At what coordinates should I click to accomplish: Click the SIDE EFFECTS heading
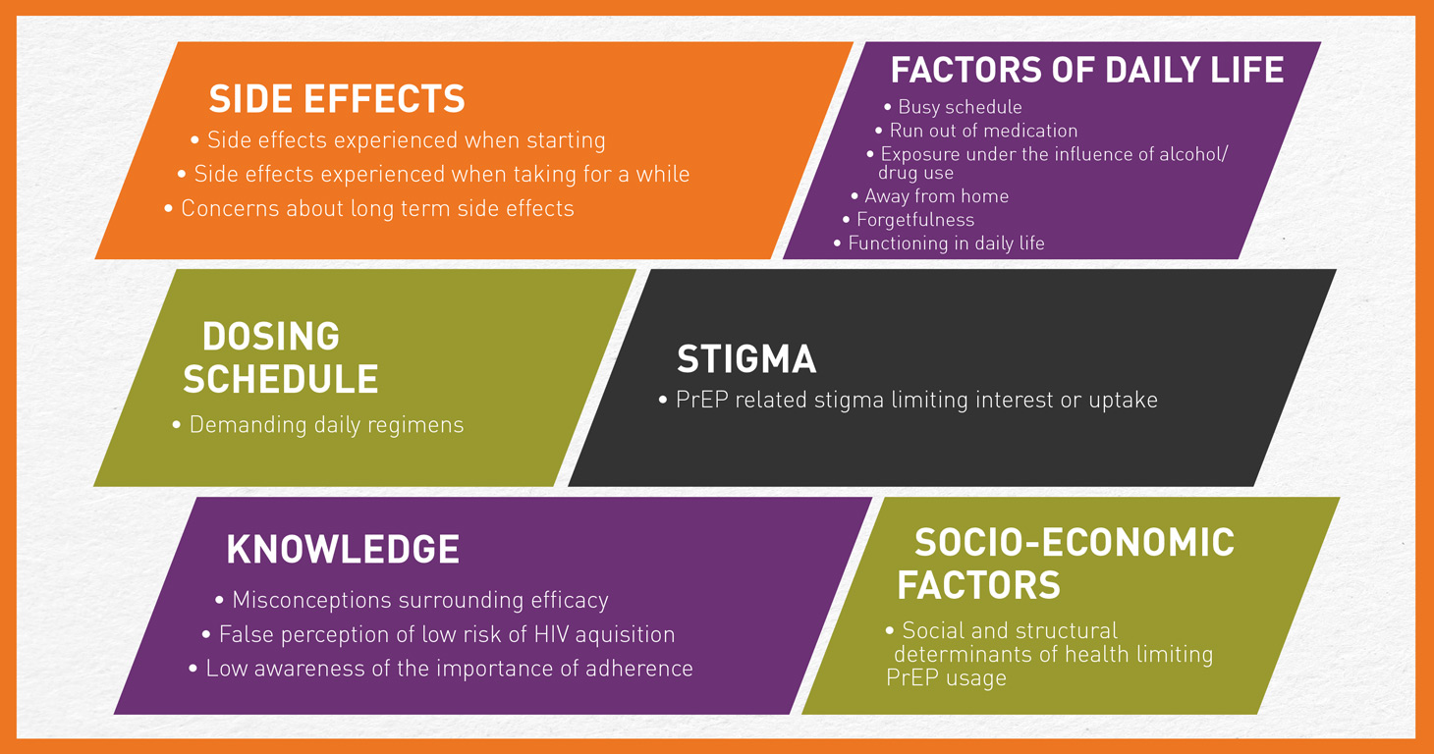click(337, 98)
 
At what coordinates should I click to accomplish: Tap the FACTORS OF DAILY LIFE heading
click(1087, 70)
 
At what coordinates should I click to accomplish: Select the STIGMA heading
click(746, 358)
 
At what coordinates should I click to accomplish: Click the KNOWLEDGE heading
click(343, 549)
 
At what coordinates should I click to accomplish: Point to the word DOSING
click(271, 336)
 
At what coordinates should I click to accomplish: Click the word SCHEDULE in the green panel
click(281, 378)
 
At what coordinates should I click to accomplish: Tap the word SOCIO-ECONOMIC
click(1075, 543)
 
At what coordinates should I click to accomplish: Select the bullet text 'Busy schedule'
click(960, 107)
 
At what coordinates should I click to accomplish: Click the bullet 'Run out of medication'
click(983, 131)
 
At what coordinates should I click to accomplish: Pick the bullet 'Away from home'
click(937, 195)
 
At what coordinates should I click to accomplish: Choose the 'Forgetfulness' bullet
click(915, 220)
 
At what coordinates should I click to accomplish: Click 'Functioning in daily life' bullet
click(946, 243)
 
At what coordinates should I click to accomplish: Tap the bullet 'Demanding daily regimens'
click(326, 425)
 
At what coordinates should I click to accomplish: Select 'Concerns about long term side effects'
click(378, 209)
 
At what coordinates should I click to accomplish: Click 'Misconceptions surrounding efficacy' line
click(420, 601)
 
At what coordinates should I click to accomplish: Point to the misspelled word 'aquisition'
click(625, 635)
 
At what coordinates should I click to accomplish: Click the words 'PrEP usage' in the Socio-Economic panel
click(946, 677)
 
